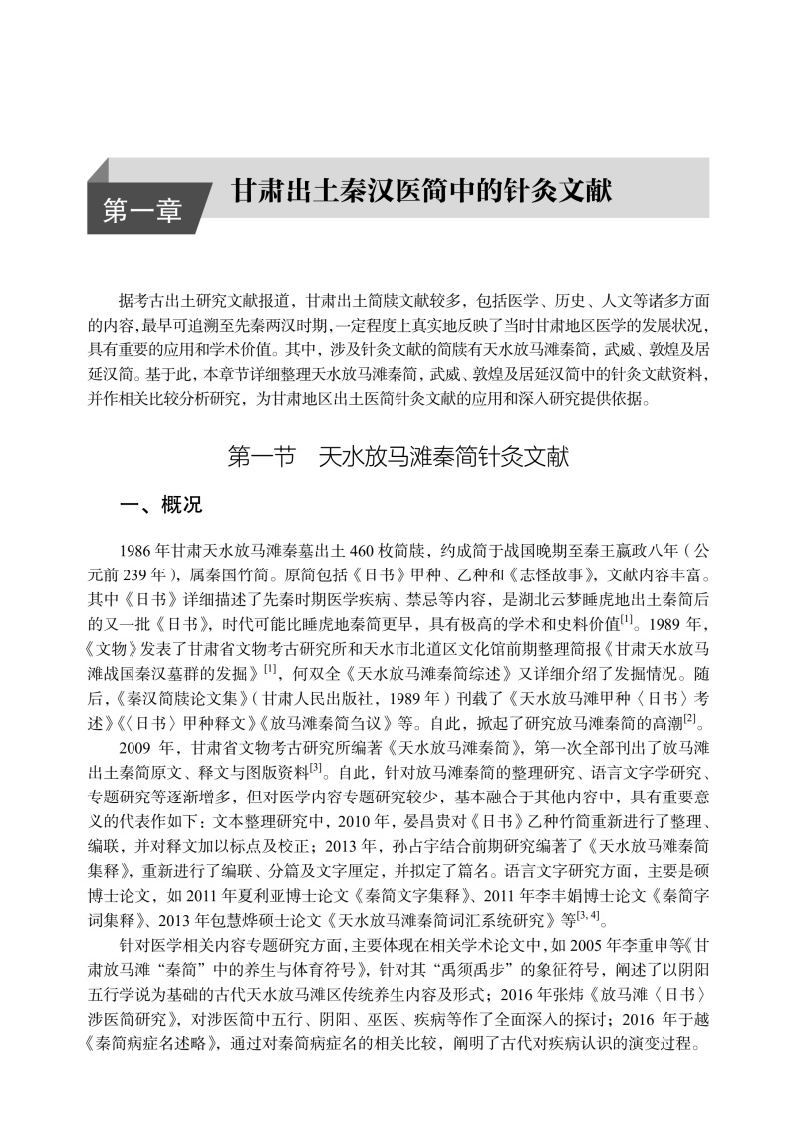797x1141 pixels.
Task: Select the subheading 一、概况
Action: coord(161,505)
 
